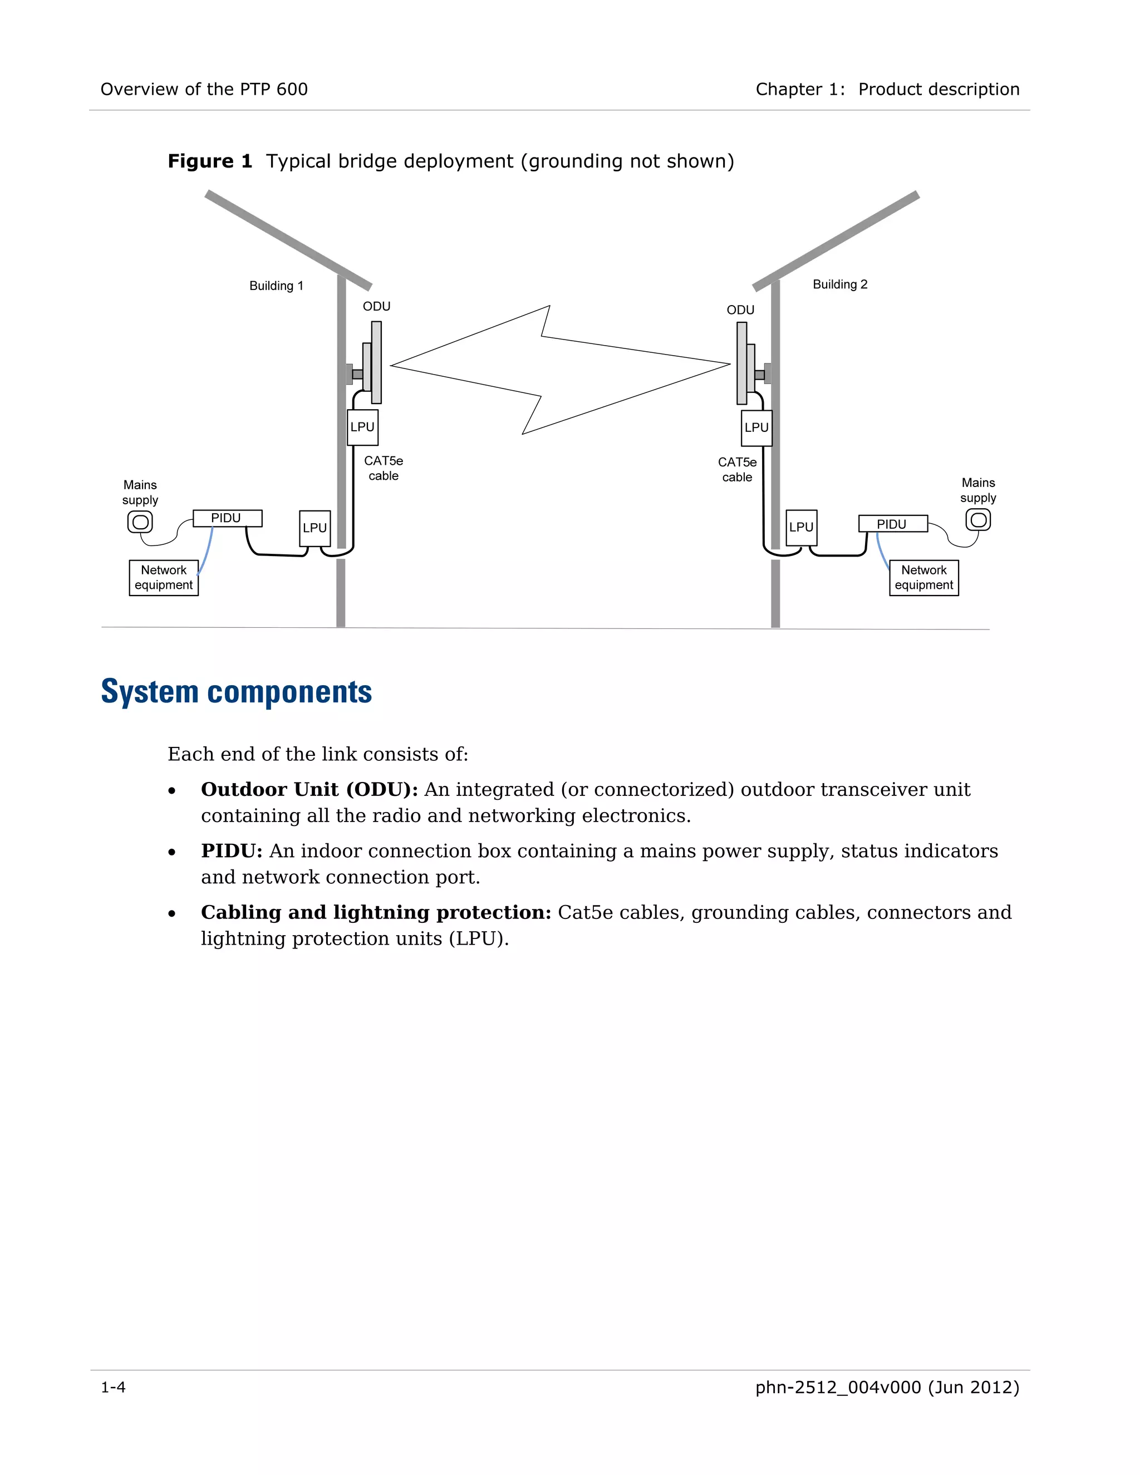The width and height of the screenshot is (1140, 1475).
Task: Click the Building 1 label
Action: pyautogui.click(x=276, y=286)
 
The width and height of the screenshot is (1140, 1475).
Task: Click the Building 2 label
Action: pyautogui.click(x=839, y=284)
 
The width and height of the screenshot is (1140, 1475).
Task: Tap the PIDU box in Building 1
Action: pyautogui.click(x=227, y=518)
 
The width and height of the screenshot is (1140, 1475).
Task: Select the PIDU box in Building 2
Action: pyautogui.click(x=892, y=524)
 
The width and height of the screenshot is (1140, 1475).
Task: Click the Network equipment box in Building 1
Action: pyautogui.click(x=164, y=577)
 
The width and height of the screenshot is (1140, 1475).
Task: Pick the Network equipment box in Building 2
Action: pyautogui.click(x=923, y=577)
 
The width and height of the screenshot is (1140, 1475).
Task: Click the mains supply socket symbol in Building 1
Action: pyautogui.click(x=140, y=522)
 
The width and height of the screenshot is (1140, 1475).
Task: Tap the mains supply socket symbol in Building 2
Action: pyautogui.click(x=977, y=520)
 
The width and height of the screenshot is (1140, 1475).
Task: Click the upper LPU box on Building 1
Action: pyautogui.click(x=363, y=427)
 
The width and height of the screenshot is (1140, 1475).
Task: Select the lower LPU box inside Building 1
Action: pyautogui.click(x=315, y=528)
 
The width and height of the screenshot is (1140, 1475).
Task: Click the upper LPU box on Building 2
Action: pyautogui.click(x=756, y=427)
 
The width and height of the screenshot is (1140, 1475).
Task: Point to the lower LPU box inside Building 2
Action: pyautogui.click(x=802, y=528)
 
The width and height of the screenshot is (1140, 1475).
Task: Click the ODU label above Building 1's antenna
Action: pyautogui.click(x=376, y=307)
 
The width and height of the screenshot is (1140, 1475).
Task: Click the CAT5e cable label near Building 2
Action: pyautogui.click(x=737, y=469)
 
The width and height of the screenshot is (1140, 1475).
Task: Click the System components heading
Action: pyautogui.click(x=237, y=691)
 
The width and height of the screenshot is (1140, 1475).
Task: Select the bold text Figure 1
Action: pyautogui.click(x=209, y=161)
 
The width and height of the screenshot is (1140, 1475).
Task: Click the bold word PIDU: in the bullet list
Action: pyautogui.click(x=231, y=851)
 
